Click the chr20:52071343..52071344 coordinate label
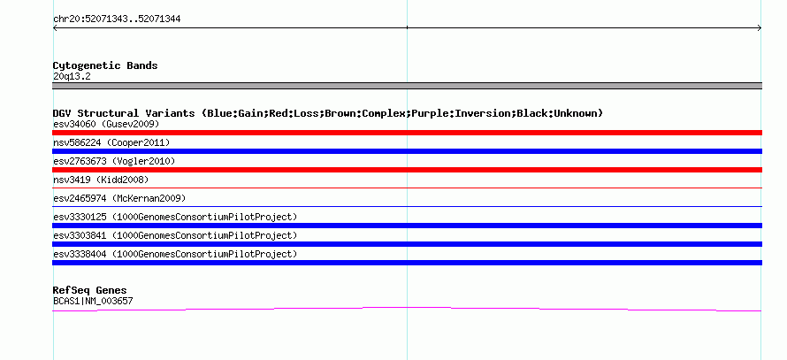tap(117, 19)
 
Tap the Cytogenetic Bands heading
tap(105, 65)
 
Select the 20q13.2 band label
tap(72, 77)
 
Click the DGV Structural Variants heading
tap(328, 113)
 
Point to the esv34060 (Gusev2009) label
tap(106, 124)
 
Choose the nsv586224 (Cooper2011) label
tap(111, 142)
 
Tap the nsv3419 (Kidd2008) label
tap(101, 180)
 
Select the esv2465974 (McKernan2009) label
tap(119, 198)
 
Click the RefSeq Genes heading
tap(90, 290)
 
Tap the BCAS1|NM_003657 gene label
tap(93, 302)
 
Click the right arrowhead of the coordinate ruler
tap(760, 28)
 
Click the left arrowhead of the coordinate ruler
tap(54, 28)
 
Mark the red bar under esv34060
tap(407, 133)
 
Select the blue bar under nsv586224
tap(407, 151)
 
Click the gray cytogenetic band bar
tap(407, 86)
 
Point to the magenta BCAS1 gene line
tap(407, 307)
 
